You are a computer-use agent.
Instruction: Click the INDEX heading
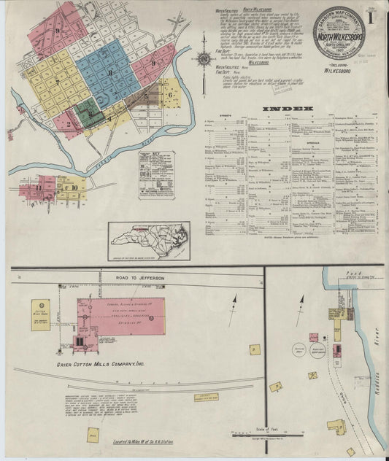point(292,109)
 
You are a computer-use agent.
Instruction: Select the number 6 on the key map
point(170,94)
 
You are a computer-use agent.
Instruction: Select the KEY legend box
point(157,175)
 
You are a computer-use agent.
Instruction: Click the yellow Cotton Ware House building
point(41,314)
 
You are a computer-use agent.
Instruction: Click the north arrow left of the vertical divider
point(234,310)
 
